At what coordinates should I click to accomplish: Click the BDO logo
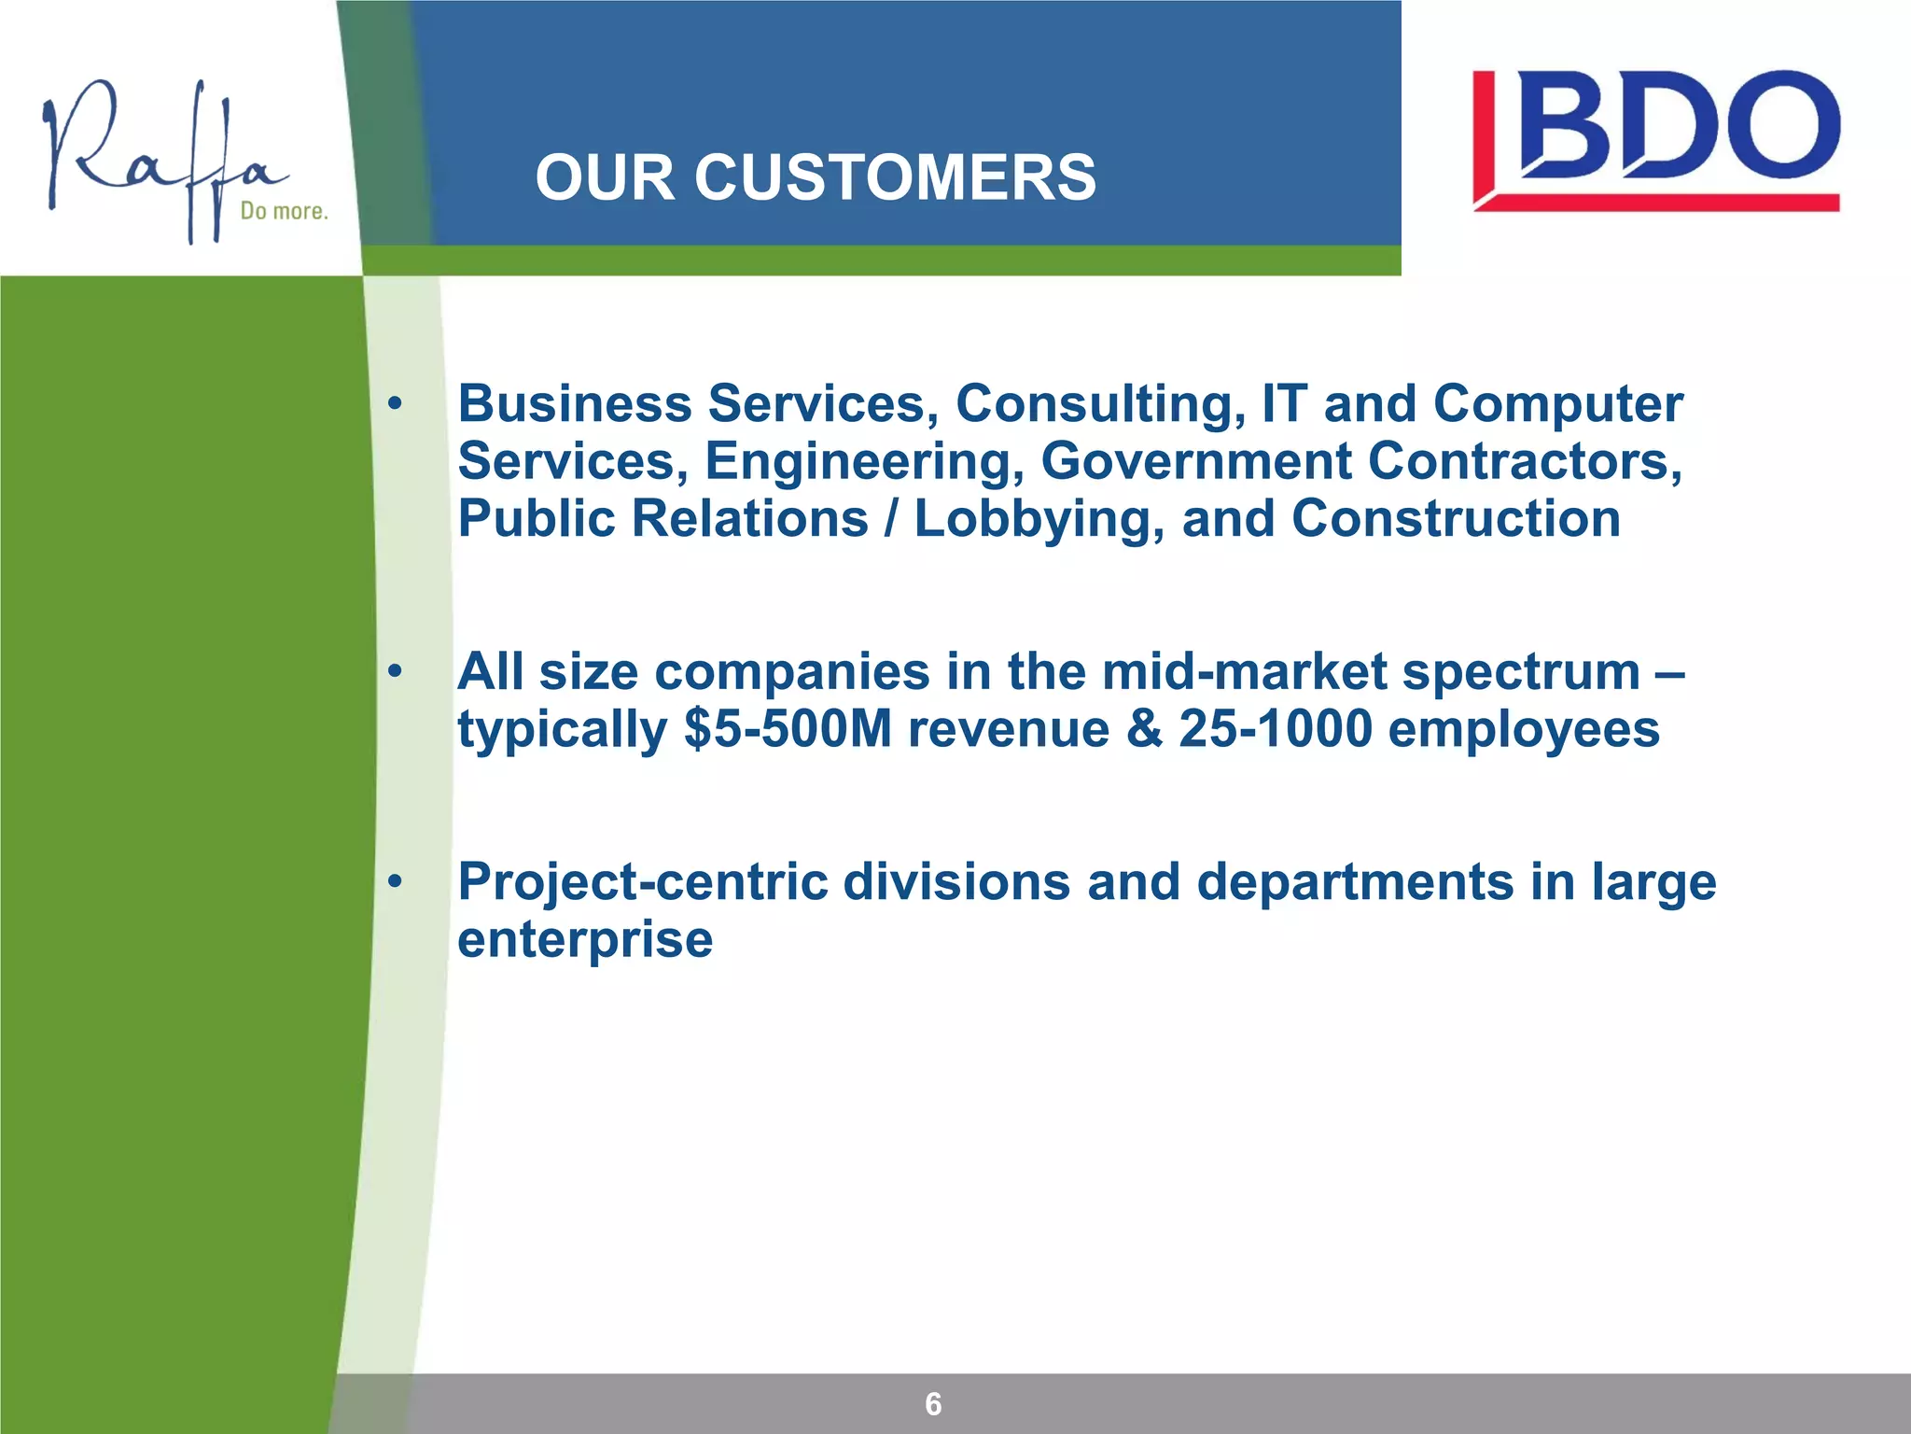click(1656, 140)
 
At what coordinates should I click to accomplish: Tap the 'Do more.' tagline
click(284, 211)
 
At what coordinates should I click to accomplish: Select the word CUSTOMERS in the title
click(895, 177)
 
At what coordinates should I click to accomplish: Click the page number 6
click(933, 1403)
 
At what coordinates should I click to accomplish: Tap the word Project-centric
click(643, 882)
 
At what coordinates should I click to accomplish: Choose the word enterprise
click(585, 939)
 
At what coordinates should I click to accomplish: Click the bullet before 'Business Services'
click(396, 404)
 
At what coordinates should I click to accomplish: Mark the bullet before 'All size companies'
click(396, 671)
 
